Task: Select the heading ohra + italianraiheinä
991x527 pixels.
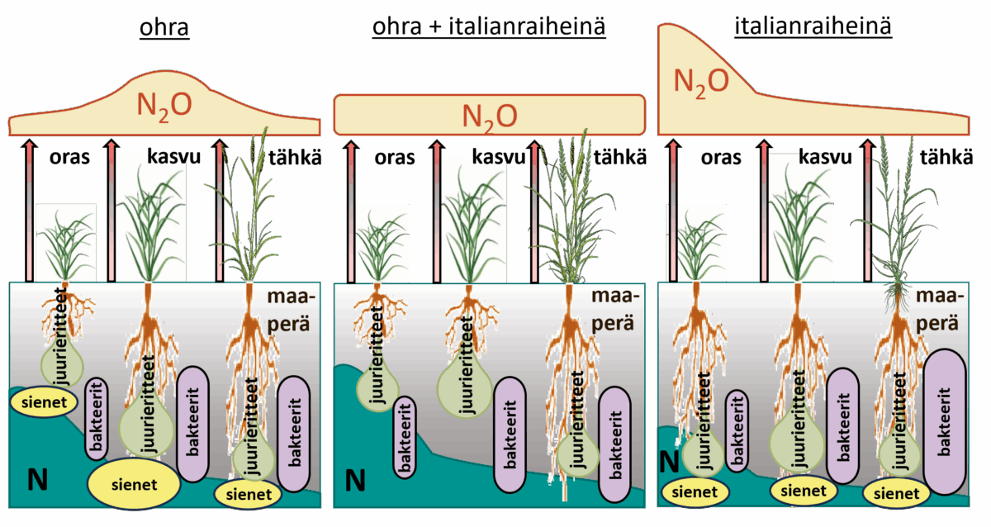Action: tap(489, 27)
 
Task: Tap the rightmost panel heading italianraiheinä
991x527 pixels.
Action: tap(813, 27)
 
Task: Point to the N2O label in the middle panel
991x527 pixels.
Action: tap(490, 115)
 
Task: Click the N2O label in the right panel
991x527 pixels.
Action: tap(701, 80)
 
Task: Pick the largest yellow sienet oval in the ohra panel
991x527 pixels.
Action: tap(134, 483)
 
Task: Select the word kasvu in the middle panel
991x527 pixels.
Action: tap(497, 157)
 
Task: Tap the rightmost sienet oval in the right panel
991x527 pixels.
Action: tap(896, 493)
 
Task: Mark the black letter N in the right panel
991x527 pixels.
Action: tap(670, 459)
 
